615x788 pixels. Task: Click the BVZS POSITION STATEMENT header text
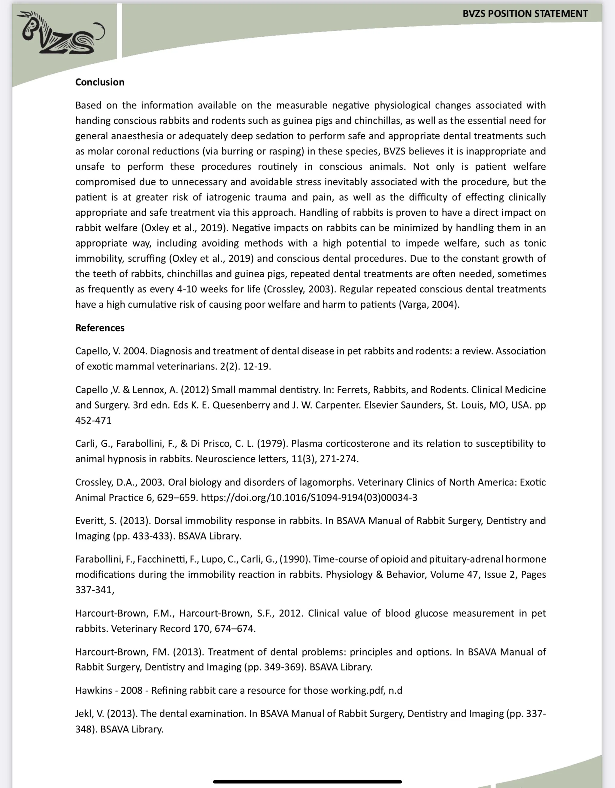(525, 14)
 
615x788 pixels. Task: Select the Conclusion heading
(100, 82)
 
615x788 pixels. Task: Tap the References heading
(100, 328)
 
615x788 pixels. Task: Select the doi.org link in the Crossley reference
(309, 497)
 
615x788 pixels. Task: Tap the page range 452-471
(93, 420)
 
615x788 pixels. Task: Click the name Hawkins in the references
(93, 690)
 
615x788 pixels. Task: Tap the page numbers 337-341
(94, 590)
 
